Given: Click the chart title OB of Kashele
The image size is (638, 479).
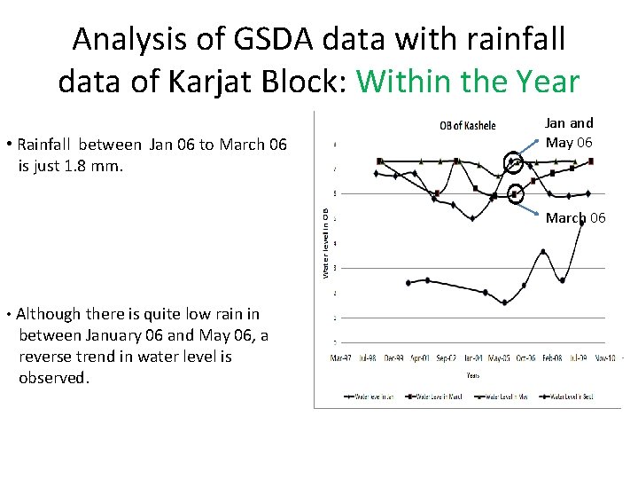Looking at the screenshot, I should (x=468, y=125).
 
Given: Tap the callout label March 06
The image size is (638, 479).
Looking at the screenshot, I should (x=575, y=218).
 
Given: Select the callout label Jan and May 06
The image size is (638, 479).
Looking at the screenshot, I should (x=569, y=132).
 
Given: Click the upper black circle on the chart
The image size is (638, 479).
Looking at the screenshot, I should (x=513, y=162).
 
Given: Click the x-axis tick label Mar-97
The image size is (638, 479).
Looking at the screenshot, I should (x=341, y=358).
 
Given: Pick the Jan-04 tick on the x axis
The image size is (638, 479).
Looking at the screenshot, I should (x=474, y=358).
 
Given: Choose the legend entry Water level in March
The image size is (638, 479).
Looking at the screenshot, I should (x=429, y=397).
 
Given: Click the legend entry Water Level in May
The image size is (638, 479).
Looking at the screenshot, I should (x=501, y=397).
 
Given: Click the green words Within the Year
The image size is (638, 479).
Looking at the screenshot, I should (x=468, y=82).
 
